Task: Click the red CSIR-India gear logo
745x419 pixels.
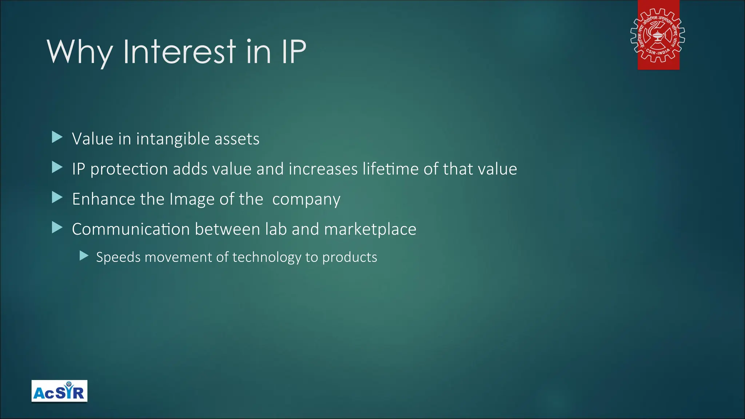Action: coord(658,35)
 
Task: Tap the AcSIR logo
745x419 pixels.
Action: coord(59,391)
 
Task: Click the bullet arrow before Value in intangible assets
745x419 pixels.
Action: coord(57,137)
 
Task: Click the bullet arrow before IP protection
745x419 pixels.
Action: coord(57,167)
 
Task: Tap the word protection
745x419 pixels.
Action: coord(129,169)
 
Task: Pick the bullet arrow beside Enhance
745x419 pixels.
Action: coord(57,197)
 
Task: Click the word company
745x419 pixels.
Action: coord(306,200)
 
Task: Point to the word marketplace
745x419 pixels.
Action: coord(370,230)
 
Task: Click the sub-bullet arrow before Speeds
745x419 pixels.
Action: coord(84,256)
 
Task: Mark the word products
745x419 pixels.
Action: coord(350,258)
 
